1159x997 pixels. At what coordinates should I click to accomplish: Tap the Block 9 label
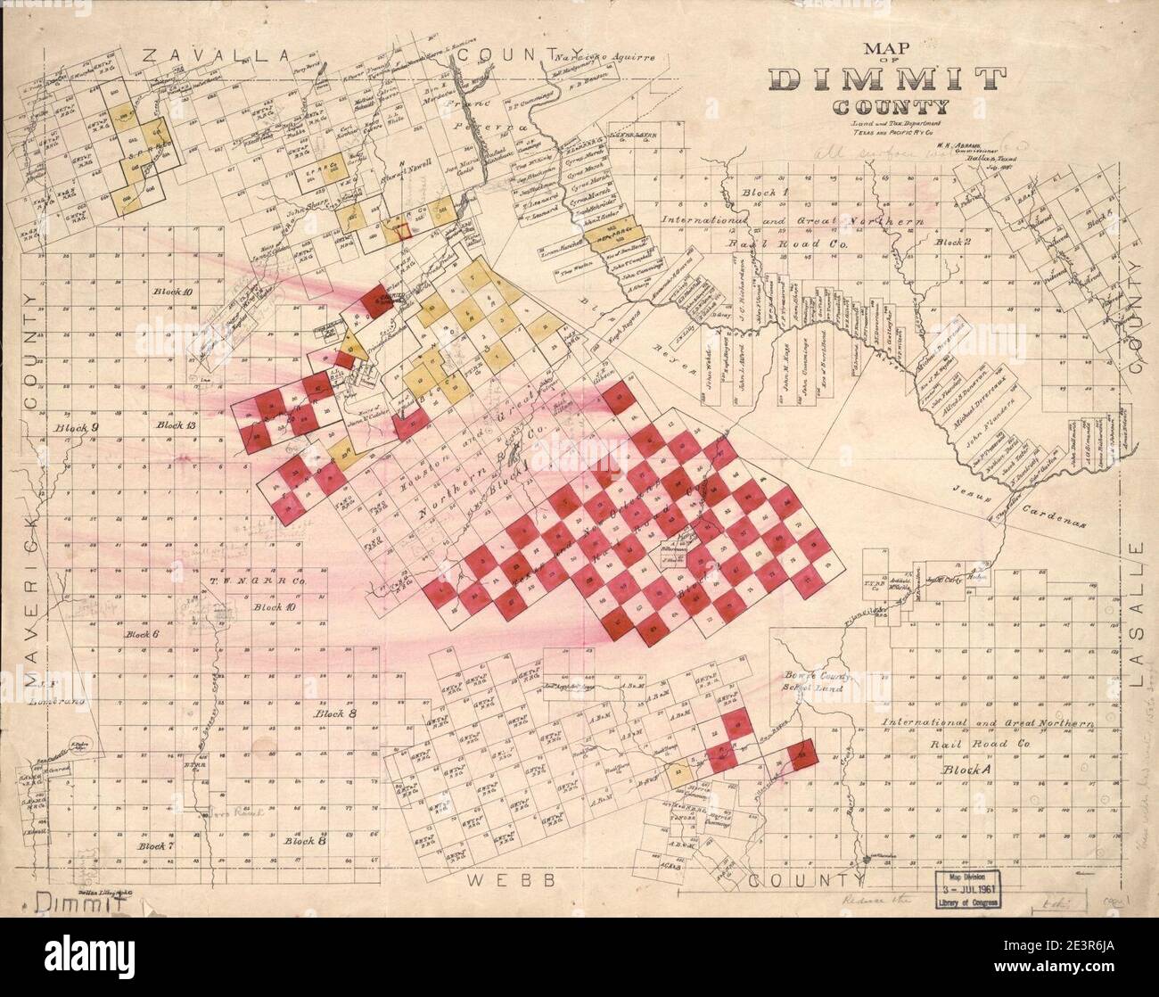(x=75, y=428)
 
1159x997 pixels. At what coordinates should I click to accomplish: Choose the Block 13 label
(x=176, y=425)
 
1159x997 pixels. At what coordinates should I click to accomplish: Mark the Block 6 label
(x=142, y=634)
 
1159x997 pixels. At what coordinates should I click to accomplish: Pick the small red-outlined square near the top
(x=406, y=230)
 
